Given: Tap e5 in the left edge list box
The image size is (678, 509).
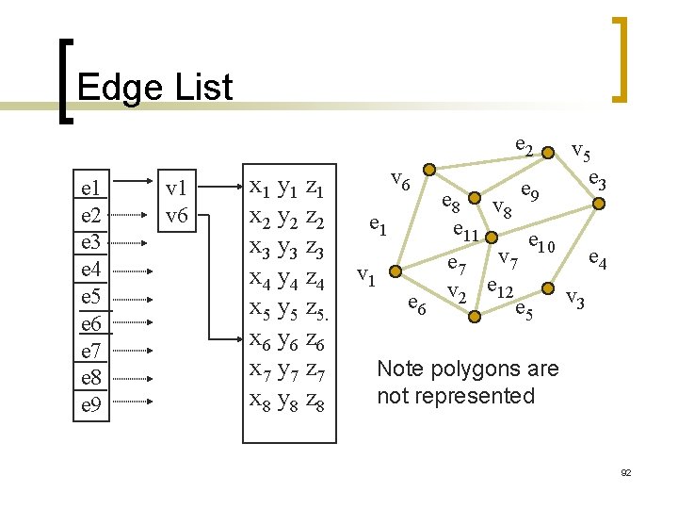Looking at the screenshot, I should coord(91,297).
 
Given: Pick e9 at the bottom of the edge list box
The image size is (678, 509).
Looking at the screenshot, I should coord(91,406).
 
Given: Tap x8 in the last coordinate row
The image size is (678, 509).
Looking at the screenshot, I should coord(258,401).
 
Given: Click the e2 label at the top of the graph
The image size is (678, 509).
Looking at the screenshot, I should coord(525,146).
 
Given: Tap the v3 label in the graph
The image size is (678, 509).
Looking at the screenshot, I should coord(574,301).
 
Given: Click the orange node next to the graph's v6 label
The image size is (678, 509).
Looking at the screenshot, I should coord(428,171).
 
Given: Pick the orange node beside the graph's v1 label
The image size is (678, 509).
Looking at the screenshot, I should coord(396,271).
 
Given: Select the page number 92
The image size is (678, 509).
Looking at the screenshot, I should coord(625,471).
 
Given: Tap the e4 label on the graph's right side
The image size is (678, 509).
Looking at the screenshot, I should coord(597,256).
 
